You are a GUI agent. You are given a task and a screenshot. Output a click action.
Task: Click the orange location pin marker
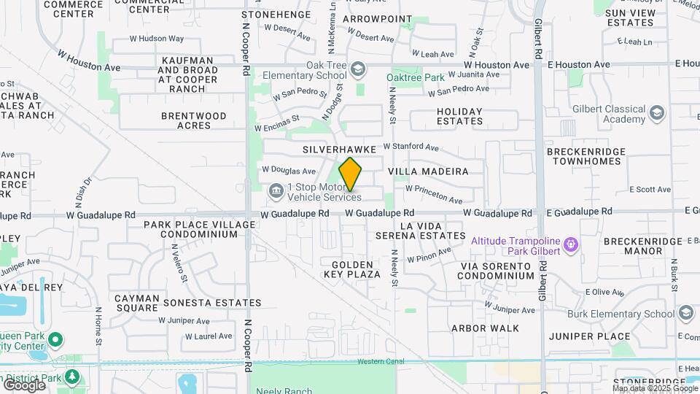click(351, 174)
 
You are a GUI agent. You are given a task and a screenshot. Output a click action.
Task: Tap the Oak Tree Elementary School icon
click(357, 69)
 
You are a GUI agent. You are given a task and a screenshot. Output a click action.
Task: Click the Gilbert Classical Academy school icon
click(657, 113)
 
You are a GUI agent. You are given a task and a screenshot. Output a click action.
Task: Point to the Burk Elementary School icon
click(685, 313)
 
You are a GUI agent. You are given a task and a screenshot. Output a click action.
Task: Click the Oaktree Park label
click(414, 77)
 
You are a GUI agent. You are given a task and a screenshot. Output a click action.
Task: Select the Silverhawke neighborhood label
click(339, 149)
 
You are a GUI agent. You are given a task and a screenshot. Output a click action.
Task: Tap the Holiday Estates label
click(459, 116)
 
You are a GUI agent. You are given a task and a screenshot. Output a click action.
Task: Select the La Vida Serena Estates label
click(421, 231)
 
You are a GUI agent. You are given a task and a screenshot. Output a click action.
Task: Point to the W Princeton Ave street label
click(435, 194)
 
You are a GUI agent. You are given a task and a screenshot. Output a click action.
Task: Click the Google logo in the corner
click(24, 385)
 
